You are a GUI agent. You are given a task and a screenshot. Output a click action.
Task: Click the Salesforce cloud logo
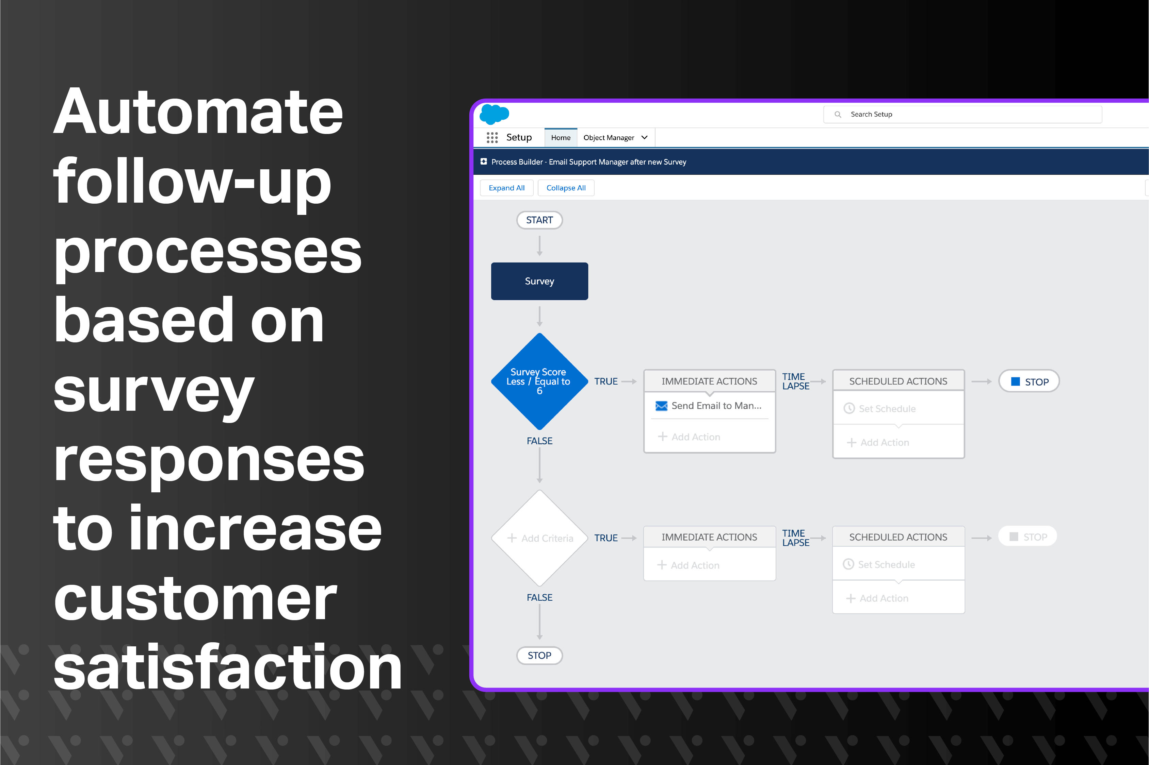click(x=494, y=114)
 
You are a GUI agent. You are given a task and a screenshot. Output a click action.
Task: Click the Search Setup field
click(x=962, y=114)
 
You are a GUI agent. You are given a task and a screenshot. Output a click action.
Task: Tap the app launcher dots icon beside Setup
click(x=492, y=138)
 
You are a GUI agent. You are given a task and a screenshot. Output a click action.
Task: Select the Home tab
click(x=561, y=138)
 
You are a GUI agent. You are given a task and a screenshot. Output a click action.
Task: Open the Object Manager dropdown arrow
click(x=645, y=138)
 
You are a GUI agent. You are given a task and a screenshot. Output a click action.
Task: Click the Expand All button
click(x=506, y=188)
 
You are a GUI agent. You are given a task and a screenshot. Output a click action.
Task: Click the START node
click(x=539, y=220)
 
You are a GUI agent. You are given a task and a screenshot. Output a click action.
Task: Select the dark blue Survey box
click(x=539, y=281)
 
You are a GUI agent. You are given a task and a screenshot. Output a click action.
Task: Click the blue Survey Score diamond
click(x=539, y=381)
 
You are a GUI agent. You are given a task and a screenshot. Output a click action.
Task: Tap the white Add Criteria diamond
click(x=539, y=538)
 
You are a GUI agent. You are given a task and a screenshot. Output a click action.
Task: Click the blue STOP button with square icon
click(x=1029, y=381)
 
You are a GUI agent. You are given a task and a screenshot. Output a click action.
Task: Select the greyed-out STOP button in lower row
click(x=1027, y=537)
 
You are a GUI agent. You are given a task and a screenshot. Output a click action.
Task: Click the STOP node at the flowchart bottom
click(x=539, y=655)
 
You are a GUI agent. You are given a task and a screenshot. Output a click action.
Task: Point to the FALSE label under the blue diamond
click(x=539, y=441)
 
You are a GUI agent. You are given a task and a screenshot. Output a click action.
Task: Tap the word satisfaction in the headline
click(x=227, y=667)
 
